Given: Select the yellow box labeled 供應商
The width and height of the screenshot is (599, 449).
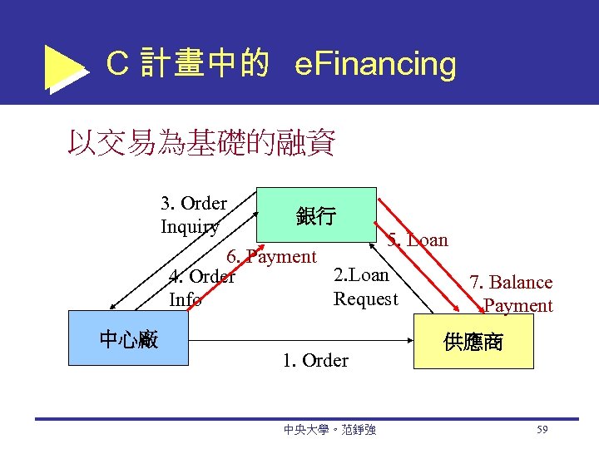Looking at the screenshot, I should click(473, 341).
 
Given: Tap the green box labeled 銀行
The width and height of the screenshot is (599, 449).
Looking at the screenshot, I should click(316, 216).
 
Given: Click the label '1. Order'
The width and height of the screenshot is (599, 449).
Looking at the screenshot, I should click(315, 361).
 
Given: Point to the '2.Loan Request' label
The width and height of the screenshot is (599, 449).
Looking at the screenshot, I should click(366, 287).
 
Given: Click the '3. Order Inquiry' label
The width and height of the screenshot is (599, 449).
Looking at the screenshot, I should click(194, 215).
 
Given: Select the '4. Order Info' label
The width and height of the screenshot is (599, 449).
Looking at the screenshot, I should click(202, 288).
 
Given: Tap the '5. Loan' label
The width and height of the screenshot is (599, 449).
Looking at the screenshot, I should click(418, 240).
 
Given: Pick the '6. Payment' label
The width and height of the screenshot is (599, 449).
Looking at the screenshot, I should click(272, 257).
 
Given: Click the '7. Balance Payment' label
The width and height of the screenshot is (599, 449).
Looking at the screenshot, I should click(512, 294).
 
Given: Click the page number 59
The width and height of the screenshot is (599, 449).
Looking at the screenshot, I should click(542, 430).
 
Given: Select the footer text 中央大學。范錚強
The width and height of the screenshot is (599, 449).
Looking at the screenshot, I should click(329, 430).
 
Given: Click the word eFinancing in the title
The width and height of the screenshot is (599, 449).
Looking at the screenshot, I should click(375, 64).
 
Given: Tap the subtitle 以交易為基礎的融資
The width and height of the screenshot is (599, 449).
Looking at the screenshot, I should click(201, 143).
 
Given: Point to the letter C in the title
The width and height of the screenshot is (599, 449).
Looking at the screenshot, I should click(117, 64).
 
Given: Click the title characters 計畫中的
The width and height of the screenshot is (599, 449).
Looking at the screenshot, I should click(205, 64).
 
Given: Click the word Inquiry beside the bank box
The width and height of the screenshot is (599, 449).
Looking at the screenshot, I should click(191, 226).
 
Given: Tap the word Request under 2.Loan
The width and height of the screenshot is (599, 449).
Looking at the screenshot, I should click(366, 299).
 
